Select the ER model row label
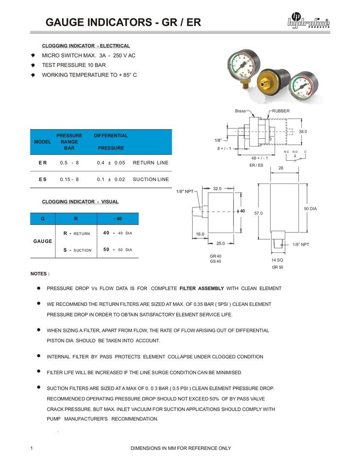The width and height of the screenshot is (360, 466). [x=43, y=163]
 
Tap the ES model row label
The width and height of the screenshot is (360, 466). [x=43, y=180]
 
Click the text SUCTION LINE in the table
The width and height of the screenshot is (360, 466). [x=151, y=180]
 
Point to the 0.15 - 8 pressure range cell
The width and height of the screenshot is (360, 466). [x=69, y=180]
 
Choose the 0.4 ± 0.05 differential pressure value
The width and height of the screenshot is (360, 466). [x=111, y=163]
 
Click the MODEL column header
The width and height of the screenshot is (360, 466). [x=43, y=142]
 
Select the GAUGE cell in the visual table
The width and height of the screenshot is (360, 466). [x=43, y=241]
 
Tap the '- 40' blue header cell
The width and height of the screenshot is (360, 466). [x=117, y=219]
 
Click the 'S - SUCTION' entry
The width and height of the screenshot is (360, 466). [x=77, y=250]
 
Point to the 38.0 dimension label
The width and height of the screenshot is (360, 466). [x=303, y=132]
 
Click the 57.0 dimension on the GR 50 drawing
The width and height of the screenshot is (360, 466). [x=259, y=213]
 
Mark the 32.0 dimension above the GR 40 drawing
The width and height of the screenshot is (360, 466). [x=217, y=188]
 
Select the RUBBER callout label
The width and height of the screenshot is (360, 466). [x=280, y=111]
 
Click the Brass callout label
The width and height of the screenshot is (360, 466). [x=240, y=111]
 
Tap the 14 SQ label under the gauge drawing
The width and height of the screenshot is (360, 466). [x=277, y=260]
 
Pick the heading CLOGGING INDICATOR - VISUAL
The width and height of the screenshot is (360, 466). [x=80, y=201]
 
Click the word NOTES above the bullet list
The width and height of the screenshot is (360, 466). [x=40, y=274]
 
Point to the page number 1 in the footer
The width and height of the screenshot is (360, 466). [x=32, y=448]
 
